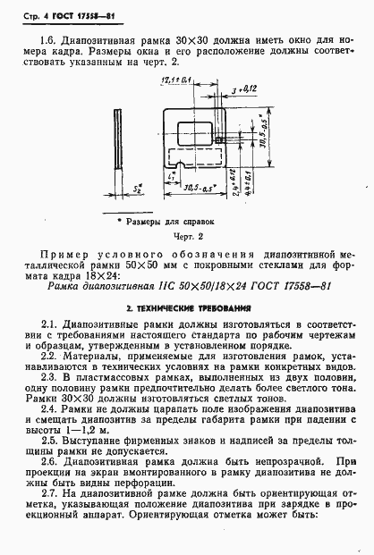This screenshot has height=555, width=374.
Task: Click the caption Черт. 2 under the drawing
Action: click(188, 237)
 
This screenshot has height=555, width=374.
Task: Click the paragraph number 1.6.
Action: click(51, 41)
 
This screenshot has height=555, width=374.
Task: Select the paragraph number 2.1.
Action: click(51, 324)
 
